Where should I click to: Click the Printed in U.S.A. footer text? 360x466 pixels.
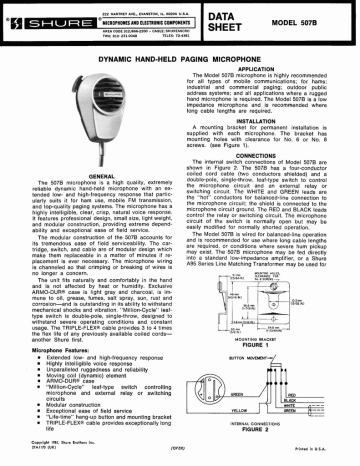click(x=323, y=457)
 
